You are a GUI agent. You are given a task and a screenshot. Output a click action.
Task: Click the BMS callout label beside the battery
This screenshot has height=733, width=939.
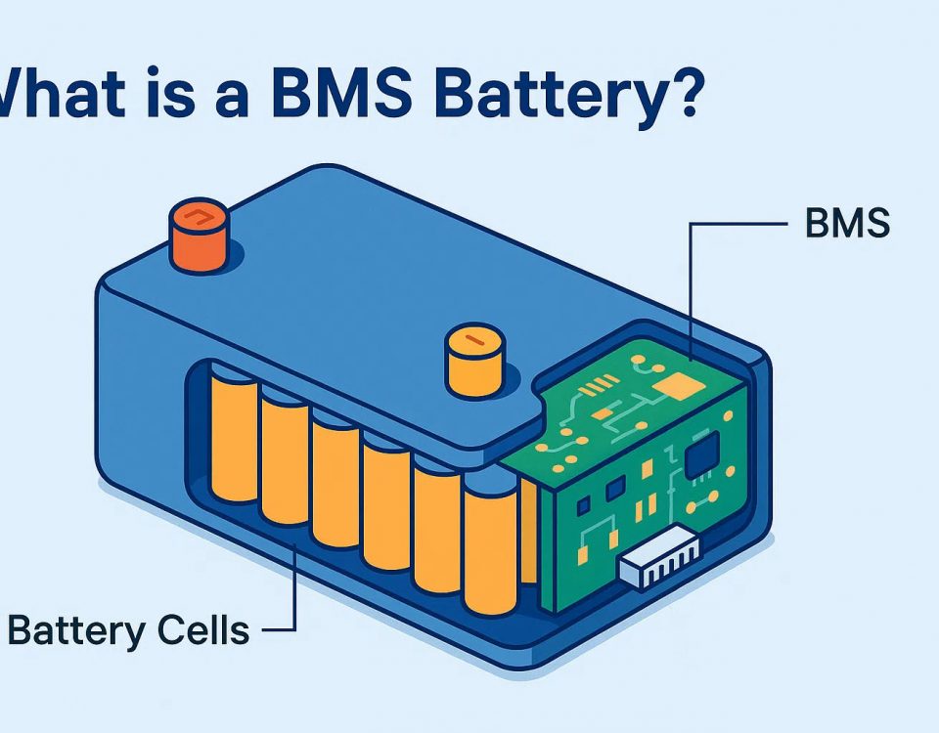pyautogui.click(x=847, y=224)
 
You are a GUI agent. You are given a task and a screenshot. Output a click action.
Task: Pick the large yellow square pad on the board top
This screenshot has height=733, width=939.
pyautogui.click(x=676, y=390)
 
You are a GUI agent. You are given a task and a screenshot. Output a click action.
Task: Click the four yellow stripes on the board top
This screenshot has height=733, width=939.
pyautogui.click(x=591, y=393)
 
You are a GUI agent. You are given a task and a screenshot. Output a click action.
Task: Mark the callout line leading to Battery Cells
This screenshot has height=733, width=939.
pyautogui.click(x=292, y=586)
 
